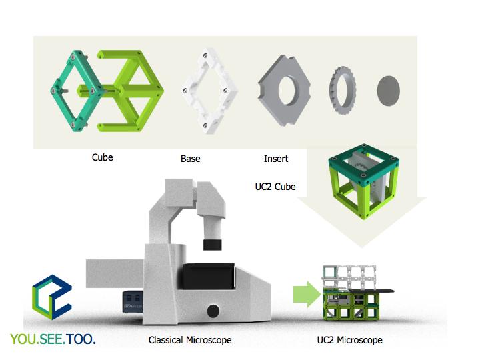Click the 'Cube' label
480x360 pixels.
click(102, 158)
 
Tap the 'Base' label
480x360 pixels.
click(190, 159)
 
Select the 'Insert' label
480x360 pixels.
click(276, 159)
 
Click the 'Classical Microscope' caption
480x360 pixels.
click(190, 341)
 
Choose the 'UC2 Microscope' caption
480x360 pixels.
click(350, 341)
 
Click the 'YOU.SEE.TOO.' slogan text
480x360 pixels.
click(53, 339)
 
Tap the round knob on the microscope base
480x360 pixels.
click(213, 310)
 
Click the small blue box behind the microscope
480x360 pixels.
click(133, 301)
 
